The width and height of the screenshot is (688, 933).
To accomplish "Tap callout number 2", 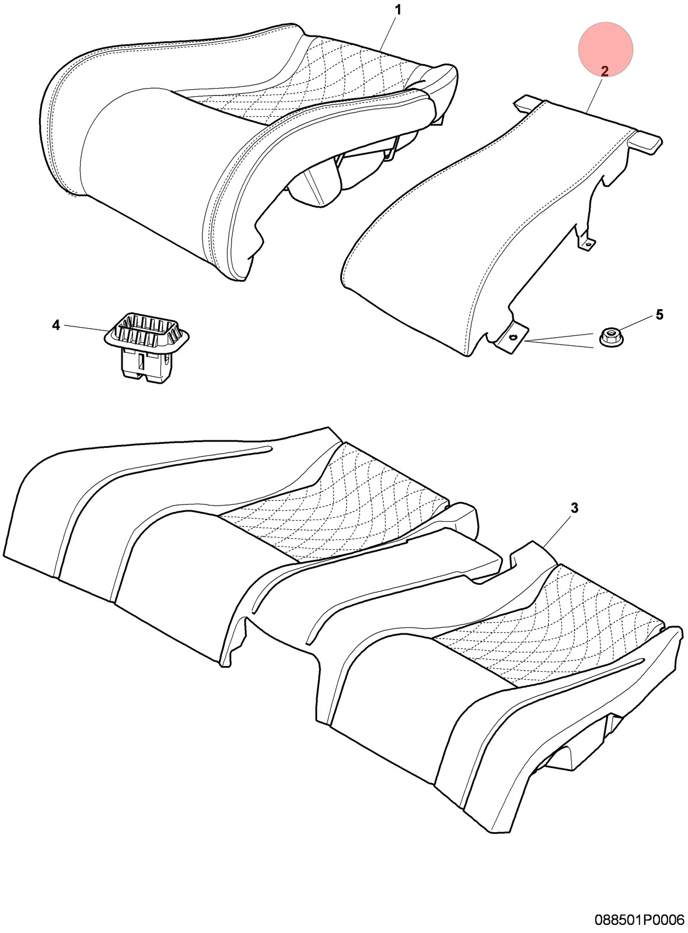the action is point(605,71).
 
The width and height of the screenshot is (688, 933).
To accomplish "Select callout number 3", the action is point(574,508).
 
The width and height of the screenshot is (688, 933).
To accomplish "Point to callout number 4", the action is point(56,325).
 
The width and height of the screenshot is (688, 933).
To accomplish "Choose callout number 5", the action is point(659,314).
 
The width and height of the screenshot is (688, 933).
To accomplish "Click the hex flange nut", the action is point(610,336).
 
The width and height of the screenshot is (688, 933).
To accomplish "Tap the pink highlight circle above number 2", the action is point(605,49).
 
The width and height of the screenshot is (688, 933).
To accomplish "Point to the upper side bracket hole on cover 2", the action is point(586,244).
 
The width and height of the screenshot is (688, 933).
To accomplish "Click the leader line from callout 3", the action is point(557,530).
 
